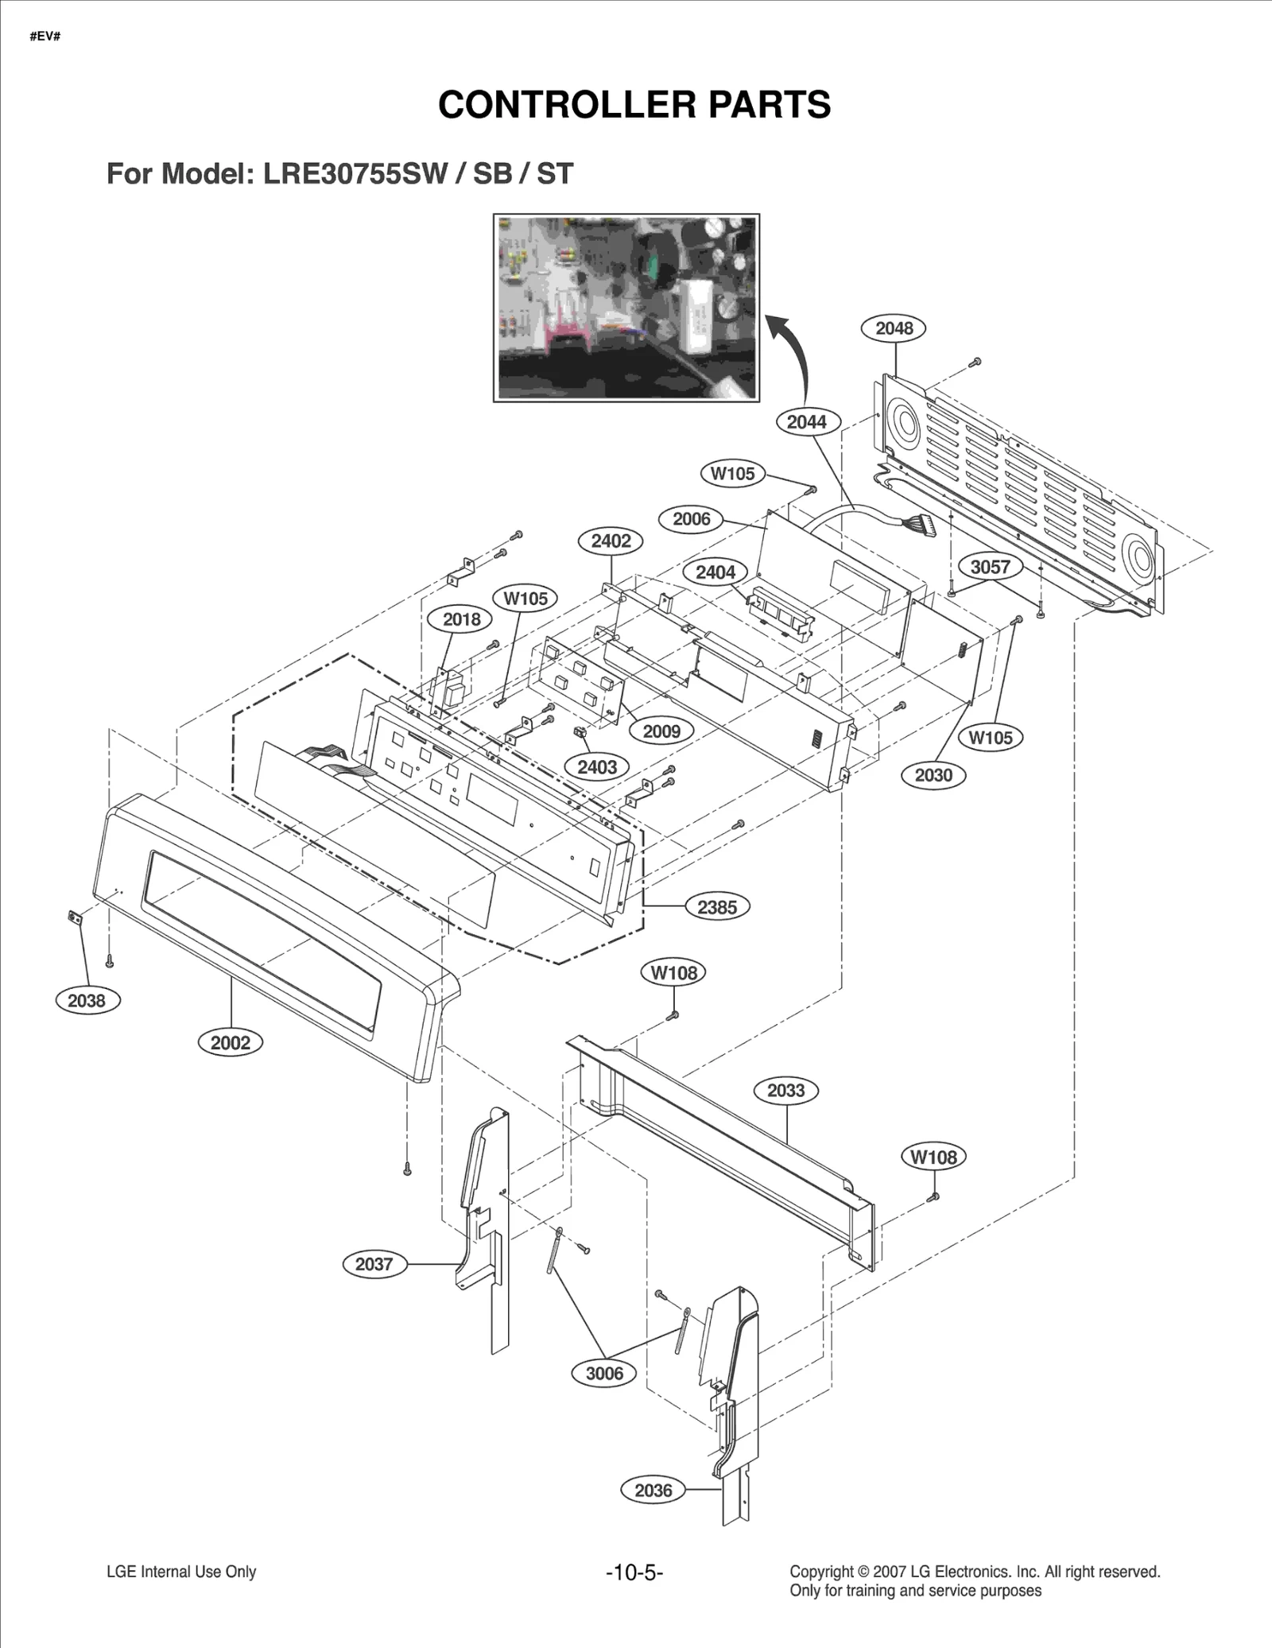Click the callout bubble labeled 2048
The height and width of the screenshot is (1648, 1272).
894,328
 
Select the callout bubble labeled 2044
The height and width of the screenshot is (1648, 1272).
806,422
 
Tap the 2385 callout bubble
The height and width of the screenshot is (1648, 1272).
716,907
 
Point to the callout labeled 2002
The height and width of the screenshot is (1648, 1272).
230,1043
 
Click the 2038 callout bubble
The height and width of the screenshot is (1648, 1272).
87,1001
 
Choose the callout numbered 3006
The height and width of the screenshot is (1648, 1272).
604,1373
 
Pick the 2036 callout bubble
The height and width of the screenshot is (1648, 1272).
653,1491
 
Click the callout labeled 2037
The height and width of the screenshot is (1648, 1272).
374,1264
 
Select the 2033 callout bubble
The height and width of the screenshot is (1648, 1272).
785,1091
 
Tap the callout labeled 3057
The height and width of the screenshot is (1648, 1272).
990,568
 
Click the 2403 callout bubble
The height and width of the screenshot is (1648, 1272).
596,767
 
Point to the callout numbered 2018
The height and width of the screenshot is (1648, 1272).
461,619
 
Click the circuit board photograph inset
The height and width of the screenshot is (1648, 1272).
626,308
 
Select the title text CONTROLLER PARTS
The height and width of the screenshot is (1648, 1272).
634,105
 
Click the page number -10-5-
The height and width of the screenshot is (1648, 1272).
634,1572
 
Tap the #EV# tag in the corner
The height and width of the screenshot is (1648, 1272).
45,37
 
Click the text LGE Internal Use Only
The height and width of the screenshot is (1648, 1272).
181,1572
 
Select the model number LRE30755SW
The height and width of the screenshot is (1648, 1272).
355,174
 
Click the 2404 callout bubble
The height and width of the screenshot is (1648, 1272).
715,572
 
